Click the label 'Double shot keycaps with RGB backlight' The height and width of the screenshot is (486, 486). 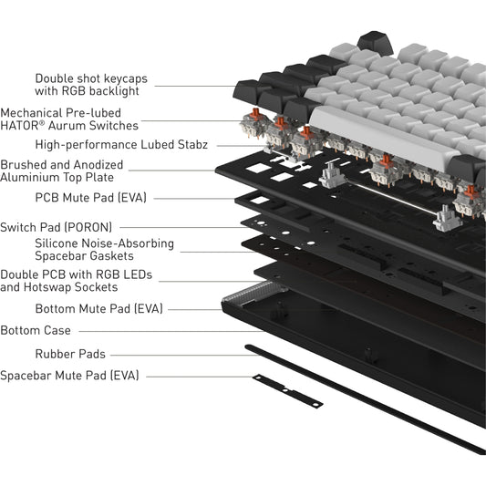90,85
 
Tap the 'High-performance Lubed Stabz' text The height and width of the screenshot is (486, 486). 121,144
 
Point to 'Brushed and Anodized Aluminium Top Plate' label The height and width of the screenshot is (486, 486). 74,171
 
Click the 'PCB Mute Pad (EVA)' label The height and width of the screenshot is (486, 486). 90,196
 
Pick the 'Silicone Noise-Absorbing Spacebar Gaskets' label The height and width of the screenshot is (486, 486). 104,250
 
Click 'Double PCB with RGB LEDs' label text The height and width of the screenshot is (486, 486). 77,274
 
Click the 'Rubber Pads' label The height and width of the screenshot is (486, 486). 70,353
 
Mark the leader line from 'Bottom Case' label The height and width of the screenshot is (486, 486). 164,330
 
